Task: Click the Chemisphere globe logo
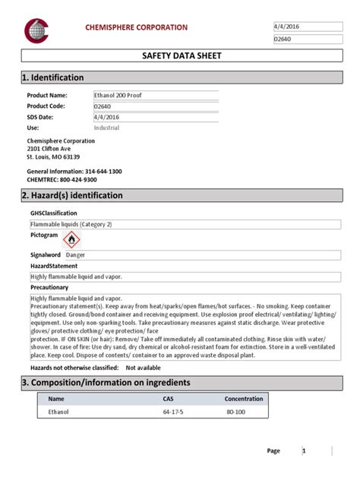tap(36, 30)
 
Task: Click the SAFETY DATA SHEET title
tap(179, 56)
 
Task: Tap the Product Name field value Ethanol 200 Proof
tap(120, 95)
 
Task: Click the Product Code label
tap(48, 106)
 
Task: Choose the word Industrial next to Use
tap(106, 128)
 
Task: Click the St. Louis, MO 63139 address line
tap(53, 156)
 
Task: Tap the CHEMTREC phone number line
tap(62, 180)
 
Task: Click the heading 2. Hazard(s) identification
tap(75, 196)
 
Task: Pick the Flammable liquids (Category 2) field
tap(71, 226)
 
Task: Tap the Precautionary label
tap(49, 288)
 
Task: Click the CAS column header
tap(168, 399)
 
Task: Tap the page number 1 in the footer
tap(304, 451)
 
